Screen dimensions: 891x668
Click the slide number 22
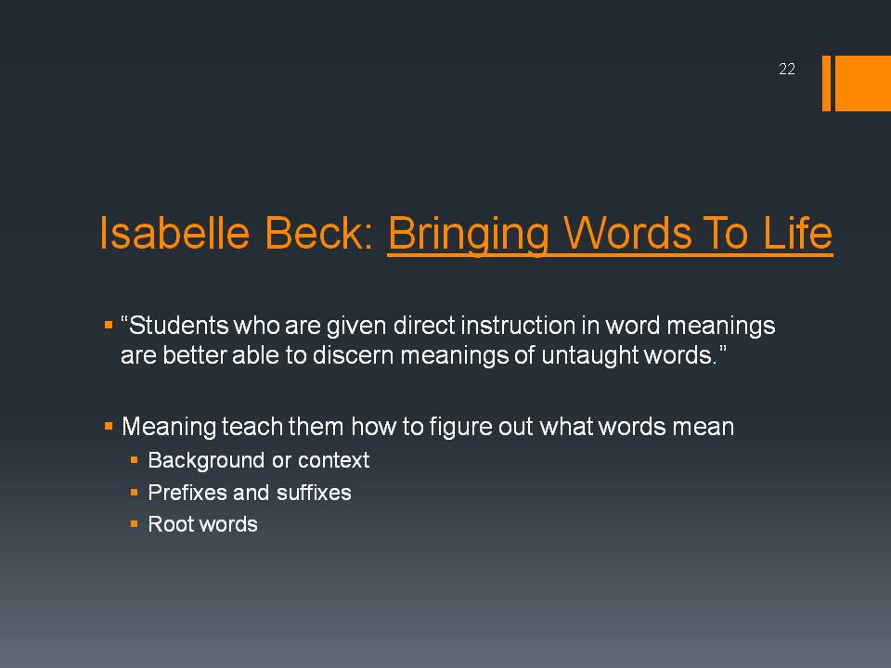coord(786,70)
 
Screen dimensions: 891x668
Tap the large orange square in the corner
coord(862,83)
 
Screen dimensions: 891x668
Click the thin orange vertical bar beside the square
coord(826,83)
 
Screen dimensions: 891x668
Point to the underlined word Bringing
coord(468,234)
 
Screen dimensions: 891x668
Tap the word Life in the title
coord(798,233)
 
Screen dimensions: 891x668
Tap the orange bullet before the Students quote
coord(109,326)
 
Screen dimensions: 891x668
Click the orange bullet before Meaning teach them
coord(109,426)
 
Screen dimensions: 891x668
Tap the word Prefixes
coord(187,493)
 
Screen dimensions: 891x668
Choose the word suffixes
coord(314,493)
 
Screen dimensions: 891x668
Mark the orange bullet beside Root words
coord(134,523)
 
